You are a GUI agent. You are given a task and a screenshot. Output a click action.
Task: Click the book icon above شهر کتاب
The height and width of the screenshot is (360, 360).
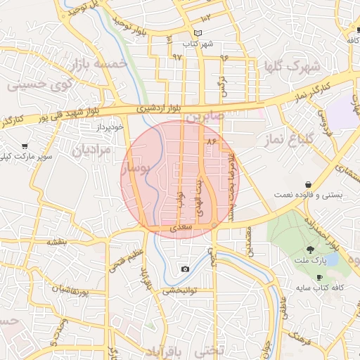(x=198, y=33)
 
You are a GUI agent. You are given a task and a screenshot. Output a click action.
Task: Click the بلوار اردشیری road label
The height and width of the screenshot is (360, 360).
(x=164, y=108)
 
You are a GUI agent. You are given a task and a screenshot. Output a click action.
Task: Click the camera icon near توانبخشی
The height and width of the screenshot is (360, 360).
(x=185, y=269)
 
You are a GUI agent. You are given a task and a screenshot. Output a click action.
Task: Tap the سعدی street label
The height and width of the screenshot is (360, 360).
(x=181, y=229)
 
